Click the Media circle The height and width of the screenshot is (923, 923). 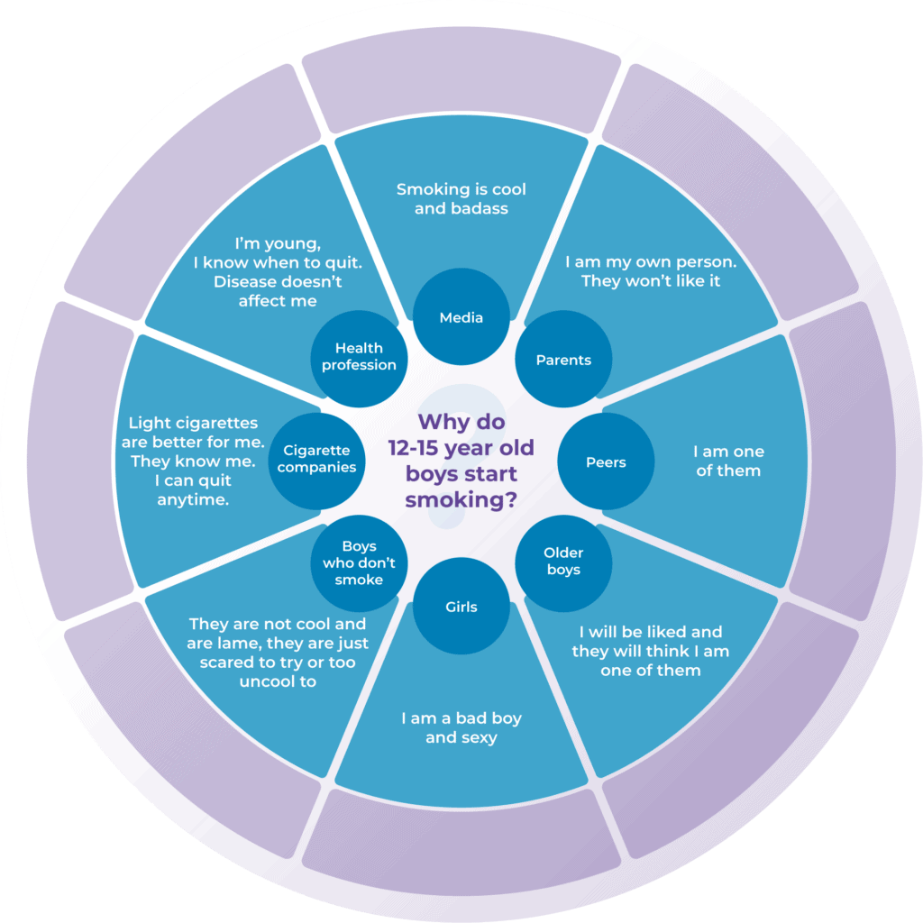(x=461, y=316)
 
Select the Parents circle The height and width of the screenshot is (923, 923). (x=563, y=359)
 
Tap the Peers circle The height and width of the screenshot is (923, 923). (x=606, y=461)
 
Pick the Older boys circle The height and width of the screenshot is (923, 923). (x=563, y=563)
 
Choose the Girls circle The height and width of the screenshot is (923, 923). (x=461, y=606)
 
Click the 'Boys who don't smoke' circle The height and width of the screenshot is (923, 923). (x=359, y=563)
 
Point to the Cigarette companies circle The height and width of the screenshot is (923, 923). (x=316, y=461)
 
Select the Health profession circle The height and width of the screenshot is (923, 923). (x=359, y=359)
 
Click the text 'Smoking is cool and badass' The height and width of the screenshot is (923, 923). (x=461, y=198)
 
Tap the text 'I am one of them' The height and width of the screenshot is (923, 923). (x=728, y=461)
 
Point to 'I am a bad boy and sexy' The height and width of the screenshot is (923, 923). (x=461, y=727)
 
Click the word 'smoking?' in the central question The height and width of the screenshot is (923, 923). (x=461, y=499)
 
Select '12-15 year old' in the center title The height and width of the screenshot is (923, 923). (x=461, y=448)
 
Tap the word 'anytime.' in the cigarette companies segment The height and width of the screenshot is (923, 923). (x=193, y=500)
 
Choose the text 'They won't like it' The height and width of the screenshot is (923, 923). (x=651, y=281)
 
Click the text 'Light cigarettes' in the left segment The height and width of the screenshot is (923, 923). (x=193, y=423)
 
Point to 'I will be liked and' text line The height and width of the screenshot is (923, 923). (x=651, y=632)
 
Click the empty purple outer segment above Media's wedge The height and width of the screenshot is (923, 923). (x=461, y=70)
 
